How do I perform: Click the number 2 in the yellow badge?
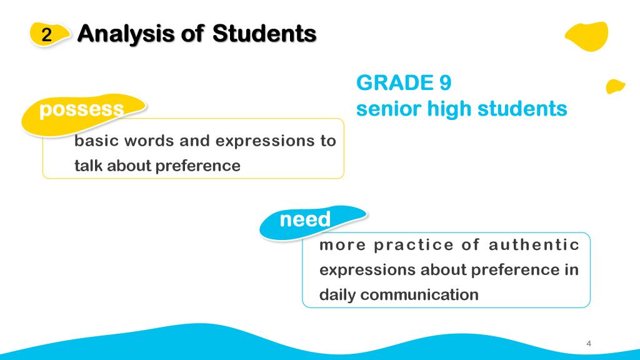pyautogui.click(x=46, y=35)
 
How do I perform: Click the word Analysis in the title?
pyautogui.click(x=126, y=34)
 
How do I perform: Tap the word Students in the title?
pyautogui.click(x=264, y=33)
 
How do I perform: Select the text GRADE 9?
pyautogui.click(x=404, y=83)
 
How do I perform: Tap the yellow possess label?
pyautogui.click(x=82, y=109)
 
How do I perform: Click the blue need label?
pyautogui.click(x=305, y=219)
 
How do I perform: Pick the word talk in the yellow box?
pyautogui.click(x=88, y=166)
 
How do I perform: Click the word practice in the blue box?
pyautogui.click(x=414, y=245)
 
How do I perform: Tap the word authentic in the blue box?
pyautogui.click(x=534, y=245)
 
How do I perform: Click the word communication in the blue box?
pyautogui.click(x=419, y=295)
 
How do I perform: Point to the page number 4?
pyautogui.click(x=589, y=344)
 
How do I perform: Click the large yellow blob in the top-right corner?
pyautogui.click(x=587, y=36)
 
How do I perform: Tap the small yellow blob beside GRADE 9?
pyautogui.click(x=615, y=86)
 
